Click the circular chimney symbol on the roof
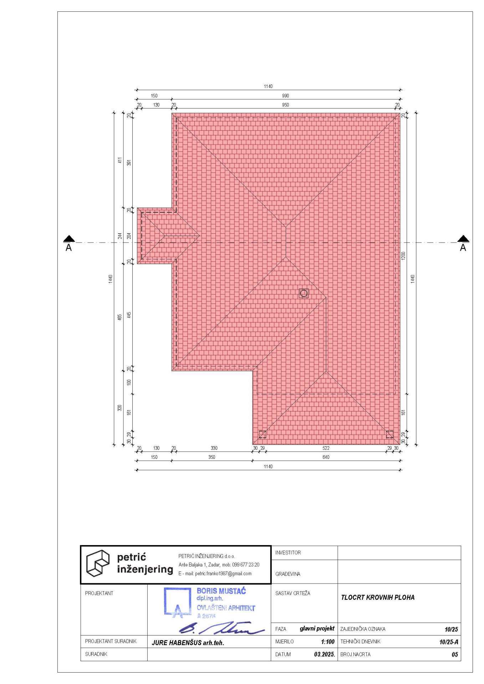point(304,293)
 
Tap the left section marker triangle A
point(69,238)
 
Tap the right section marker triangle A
point(463,238)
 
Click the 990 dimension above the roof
point(285,96)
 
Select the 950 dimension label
point(285,105)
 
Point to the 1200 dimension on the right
point(403,256)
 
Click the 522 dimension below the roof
point(326,448)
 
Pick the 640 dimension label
point(326,457)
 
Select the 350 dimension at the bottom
point(212,457)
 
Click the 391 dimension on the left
point(129,162)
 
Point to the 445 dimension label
point(129,315)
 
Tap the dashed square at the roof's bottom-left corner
point(263,434)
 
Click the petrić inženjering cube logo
point(98,563)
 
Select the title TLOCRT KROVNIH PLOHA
point(378,597)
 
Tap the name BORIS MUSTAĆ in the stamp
point(221,591)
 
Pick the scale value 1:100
point(328,642)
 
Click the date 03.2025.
point(324,654)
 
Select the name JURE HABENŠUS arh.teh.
point(188,643)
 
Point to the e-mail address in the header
point(215,574)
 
